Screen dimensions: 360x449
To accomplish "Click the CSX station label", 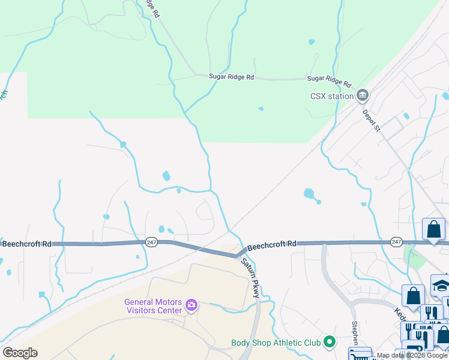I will pyautogui.click(x=331, y=95).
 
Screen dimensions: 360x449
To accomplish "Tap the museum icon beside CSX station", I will pyautogui.click(x=362, y=95).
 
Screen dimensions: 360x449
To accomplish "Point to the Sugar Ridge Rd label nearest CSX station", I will pyautogui.click(x=330, y=79).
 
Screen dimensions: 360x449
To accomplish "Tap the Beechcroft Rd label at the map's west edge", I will pyautogui.click(x=26, y=244).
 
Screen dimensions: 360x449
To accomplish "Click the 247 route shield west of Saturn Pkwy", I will pyautogui.click(x=151, y=242).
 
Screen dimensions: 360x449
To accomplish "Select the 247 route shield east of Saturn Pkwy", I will pyautogui.click(x=396, y=242).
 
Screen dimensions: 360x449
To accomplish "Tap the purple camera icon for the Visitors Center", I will pyautogui.click(x=191, y=306).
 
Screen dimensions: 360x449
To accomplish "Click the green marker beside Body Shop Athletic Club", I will pyautogui.click(x=329, y=343).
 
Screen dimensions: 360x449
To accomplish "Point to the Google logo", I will pyautogui.click(x=20, y=353).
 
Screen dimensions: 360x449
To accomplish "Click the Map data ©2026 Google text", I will pyautogui.click(x=412, y=356).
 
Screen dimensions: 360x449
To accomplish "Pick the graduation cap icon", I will pyautogui.click(x=441, y=285).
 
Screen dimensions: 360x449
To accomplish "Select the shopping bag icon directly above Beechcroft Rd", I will pyautogui.click(x=433, y=229).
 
